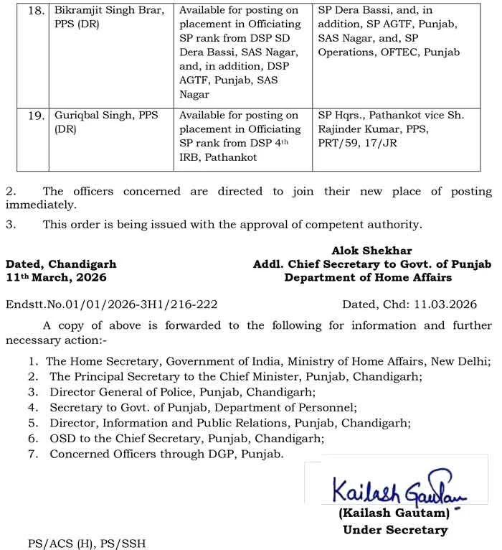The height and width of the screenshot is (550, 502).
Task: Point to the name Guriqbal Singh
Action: (x=97, y=116)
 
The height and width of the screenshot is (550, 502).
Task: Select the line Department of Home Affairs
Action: (x=368, y=278)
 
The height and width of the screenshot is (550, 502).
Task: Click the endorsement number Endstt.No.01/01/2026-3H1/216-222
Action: (x=110, y=305)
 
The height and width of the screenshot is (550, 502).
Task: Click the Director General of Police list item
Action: (x=182, y=392)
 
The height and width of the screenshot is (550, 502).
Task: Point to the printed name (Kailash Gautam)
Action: (x=394, y=515)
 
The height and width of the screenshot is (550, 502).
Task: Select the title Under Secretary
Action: (x=394, y=530)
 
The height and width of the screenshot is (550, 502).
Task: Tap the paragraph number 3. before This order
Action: (x=10, y=225)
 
